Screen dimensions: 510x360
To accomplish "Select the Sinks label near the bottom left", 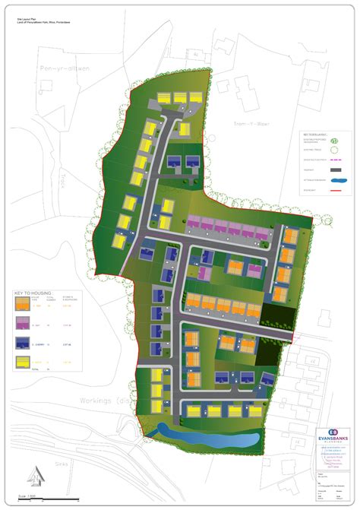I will click(x=39, y=461).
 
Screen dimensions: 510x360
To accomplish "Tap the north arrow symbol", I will click(x=35, y=476).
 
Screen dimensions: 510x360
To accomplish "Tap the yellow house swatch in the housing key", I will click(x=23, y=363).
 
